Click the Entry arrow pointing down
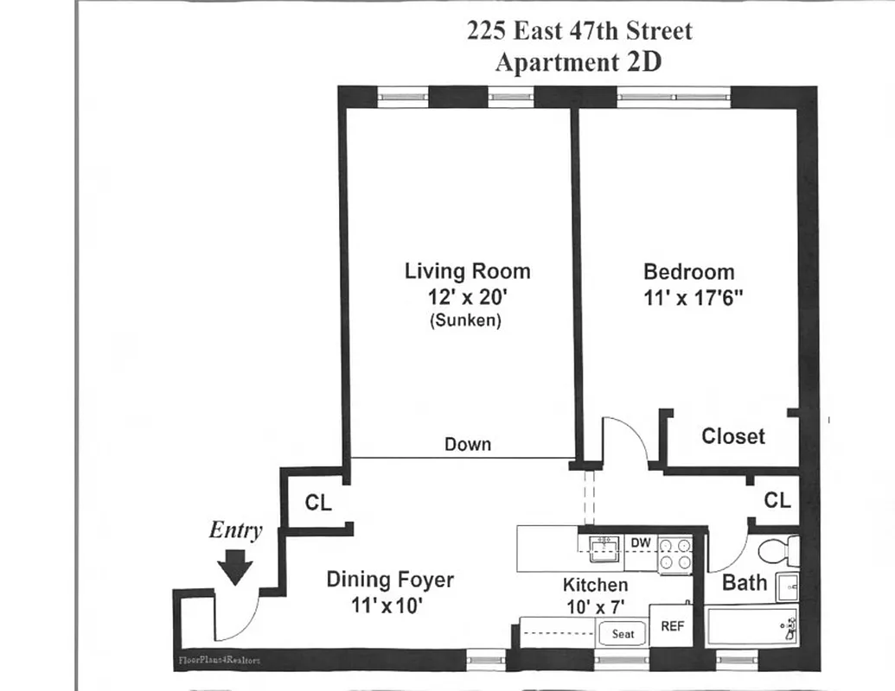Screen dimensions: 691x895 coord(233,568)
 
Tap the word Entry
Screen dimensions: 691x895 coord(235,530)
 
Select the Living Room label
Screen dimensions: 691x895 coord(467,271)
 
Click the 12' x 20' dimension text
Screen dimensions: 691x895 coord(467,297)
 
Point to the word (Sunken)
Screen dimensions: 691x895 coord(467,320)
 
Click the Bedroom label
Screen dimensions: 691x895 coord(688,272)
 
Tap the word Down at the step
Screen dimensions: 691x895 coord(467,445)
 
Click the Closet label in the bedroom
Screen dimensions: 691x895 coord(732,436)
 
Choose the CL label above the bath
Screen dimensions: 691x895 coord(777,500)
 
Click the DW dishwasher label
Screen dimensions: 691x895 coord(640,542)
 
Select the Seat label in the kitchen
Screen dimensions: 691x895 coord(623,634)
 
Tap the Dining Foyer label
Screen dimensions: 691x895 coord(389,580)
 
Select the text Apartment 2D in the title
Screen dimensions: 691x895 coord(579,63)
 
